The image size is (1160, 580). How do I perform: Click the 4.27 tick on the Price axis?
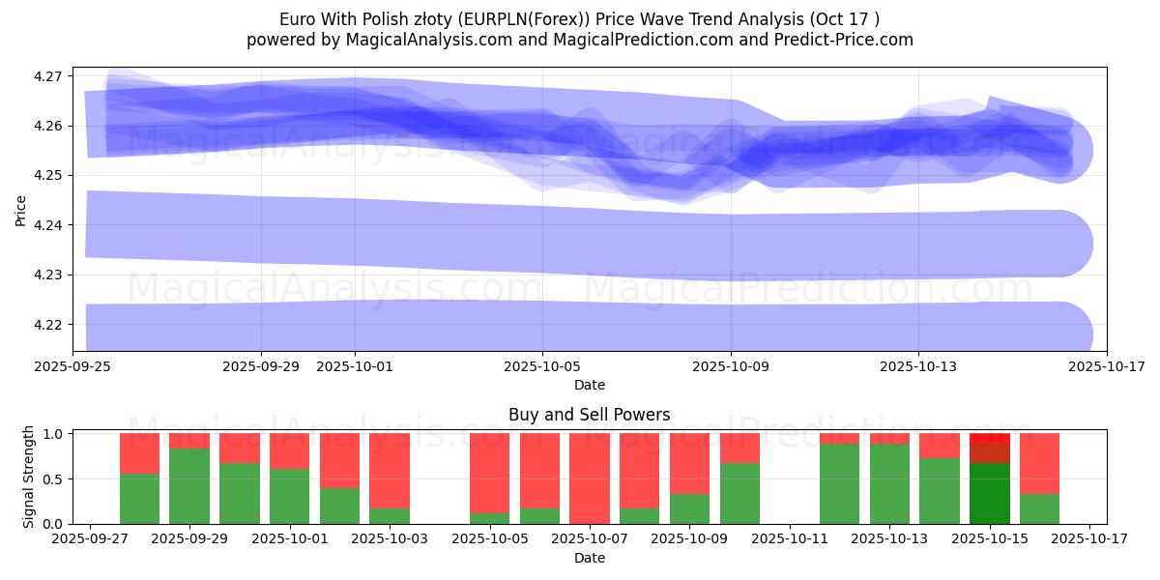click(x=47, y=76)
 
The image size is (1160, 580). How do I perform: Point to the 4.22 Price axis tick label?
click(x=47, y=325)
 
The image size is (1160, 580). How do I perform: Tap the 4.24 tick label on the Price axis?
click(x=47, y=225)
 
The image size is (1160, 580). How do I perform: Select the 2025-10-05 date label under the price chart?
click(x=542, y=366)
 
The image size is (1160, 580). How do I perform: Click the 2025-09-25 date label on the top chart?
click(x=86, y=366)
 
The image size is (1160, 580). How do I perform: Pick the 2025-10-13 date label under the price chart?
click(x=918, y=366)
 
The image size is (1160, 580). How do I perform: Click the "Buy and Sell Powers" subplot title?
click(x=589, y=415)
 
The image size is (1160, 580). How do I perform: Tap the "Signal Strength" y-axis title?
click(x=29, y=477)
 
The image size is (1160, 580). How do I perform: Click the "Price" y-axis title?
click(x=20, y=211)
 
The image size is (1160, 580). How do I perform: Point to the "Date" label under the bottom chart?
click(x=589, y=558)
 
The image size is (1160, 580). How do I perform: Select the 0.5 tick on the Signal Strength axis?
click(x=53, y=479)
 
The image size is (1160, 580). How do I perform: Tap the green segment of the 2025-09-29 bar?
click(x=189, y=486)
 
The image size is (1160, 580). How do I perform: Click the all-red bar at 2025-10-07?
click(x=590, y=478)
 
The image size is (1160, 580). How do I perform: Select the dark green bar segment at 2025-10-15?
click(x=989, y=493)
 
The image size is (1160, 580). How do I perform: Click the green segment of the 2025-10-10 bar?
click(x=739, y=493)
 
